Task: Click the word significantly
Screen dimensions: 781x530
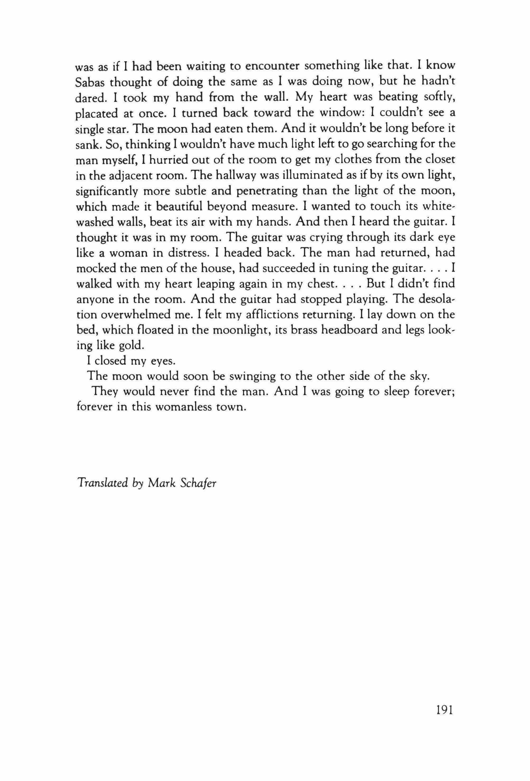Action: click(107, 191)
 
